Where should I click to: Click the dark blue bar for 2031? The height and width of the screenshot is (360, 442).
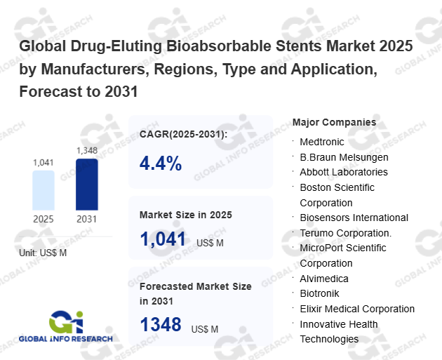[86, 185]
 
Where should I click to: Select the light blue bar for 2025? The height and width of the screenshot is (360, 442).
[43, 190]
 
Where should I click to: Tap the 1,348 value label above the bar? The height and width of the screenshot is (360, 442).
[87, 150]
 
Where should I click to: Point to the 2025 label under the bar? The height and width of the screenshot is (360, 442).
[43, 219]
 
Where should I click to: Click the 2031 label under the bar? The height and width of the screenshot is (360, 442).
[87, 219]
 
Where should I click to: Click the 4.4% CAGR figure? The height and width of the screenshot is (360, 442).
[161, 164]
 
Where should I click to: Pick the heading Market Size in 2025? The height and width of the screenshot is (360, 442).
[186, 214]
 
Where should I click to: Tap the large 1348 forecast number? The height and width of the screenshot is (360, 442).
[161, 325]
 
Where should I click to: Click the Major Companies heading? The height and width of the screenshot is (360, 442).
[334, 122]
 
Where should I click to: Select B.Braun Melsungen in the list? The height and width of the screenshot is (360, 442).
[344, 157]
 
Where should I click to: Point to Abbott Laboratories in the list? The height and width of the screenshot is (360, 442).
[344, 172]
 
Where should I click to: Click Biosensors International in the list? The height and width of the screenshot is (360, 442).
[354, 218]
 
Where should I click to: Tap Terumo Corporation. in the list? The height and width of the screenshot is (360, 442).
[345, 233]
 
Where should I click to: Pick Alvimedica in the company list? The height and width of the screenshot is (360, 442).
[324, 279]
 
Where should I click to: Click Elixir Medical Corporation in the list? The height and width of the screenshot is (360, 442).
[357, 309]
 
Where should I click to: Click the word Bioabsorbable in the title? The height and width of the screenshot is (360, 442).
[217, 47]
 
